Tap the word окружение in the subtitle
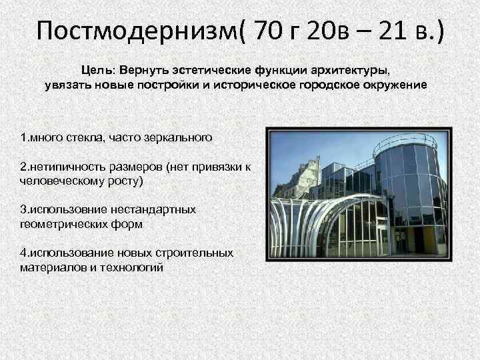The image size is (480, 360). pyautogui.click(x=397, y=86)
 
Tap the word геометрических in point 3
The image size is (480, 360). pyautogui.click(x=56, y=224)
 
